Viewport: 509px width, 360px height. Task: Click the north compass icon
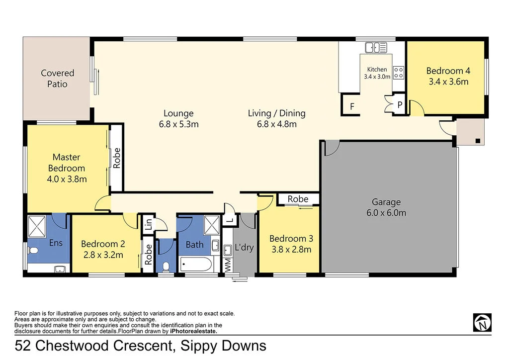click(x=482, y=322)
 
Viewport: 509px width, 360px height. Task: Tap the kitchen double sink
click(x=376, y=48)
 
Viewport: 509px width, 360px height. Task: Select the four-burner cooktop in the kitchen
click(x=399, y=73)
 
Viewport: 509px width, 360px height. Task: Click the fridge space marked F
click(x=352, y=106)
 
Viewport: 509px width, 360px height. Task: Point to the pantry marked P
click(x=400, y=105)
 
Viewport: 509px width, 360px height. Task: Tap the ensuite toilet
click(x=33, y=251)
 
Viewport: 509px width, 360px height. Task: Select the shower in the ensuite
click(x=37, y=226)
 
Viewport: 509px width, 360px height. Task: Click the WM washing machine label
click(x=228, y=265)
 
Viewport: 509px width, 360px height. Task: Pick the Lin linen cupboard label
click(x=148, y=224)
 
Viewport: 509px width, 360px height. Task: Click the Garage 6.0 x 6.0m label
click(x=386, y=207)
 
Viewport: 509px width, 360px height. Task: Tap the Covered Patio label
click(x=58, y=79)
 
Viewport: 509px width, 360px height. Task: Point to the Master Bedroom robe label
click(x=116, y=158)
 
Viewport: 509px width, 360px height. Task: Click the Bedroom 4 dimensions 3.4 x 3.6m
click(x=448, y=82)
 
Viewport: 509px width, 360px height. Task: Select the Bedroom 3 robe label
click(x=298, y=199)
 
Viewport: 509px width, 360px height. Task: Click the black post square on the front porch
click(x=478, y=141)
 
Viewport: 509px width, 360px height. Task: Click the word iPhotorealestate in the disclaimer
click(x=193, y=331)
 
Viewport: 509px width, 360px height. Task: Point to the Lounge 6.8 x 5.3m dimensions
click(x=178, y=124)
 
